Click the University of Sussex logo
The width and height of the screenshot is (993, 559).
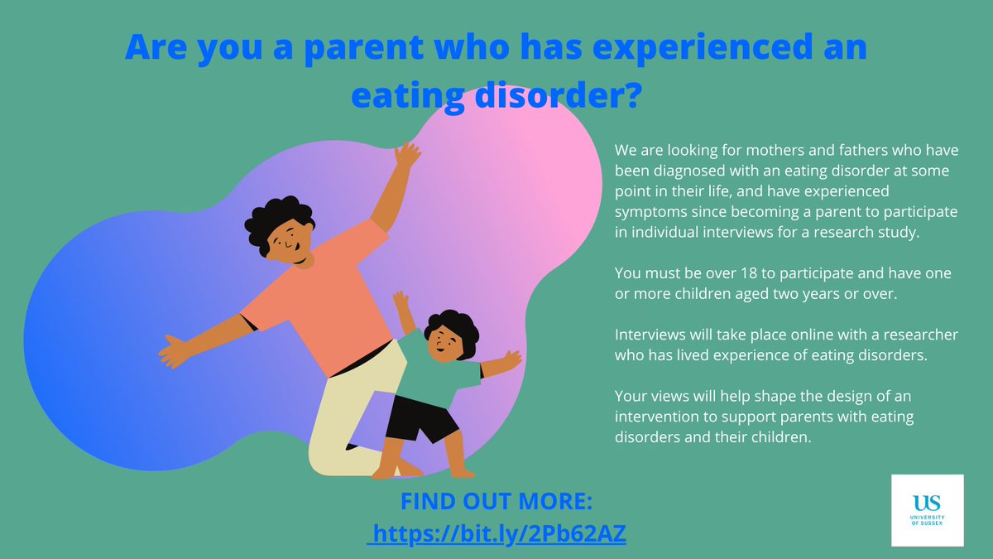coord(927,509)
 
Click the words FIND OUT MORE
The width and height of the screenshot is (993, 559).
coord(496,503)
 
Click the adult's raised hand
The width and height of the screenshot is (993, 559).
coord(406,156)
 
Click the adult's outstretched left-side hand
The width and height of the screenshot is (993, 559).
coord(175,349)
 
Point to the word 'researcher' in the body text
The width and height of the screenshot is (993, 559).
coord(921,335)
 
